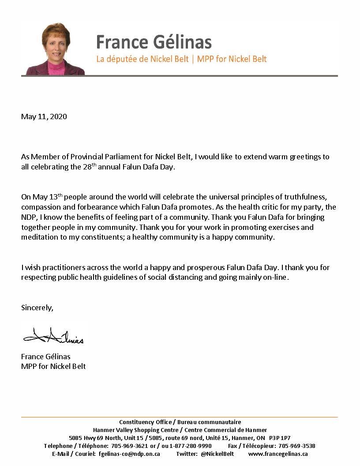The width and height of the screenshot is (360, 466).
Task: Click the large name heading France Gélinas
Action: coord(154,42)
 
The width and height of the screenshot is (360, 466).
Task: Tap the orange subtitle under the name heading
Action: coord(181,59)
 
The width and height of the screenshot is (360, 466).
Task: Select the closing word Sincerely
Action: coord(37,308)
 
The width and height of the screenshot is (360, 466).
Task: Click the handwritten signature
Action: coord(53,337)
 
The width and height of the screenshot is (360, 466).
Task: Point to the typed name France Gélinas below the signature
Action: coord(45,357)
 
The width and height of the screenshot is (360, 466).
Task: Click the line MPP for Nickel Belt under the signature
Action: coord(53,366)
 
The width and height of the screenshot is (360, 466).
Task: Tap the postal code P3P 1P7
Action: coord(280,438)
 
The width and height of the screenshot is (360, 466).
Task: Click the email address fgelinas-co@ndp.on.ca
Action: coord(129,454)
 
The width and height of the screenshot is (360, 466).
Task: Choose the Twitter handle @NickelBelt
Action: coord(217,454)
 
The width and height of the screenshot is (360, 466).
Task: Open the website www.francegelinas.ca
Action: coord(278,454)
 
